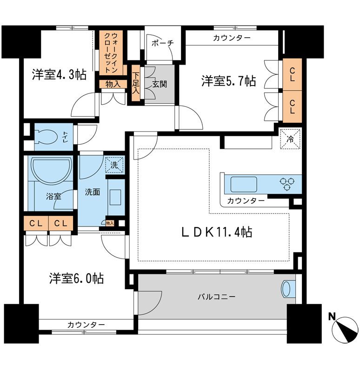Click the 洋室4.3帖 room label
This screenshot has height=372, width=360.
[x=59, y=74]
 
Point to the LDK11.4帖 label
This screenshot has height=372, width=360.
[x=216, y=232]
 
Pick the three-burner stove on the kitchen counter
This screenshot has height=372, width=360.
[x=287, y=184]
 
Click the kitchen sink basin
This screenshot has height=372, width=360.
[x=244, y=184]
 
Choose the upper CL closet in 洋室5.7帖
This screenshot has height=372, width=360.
[x=292, y=75]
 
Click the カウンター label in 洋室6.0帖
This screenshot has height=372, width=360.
[x=86, y=324]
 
